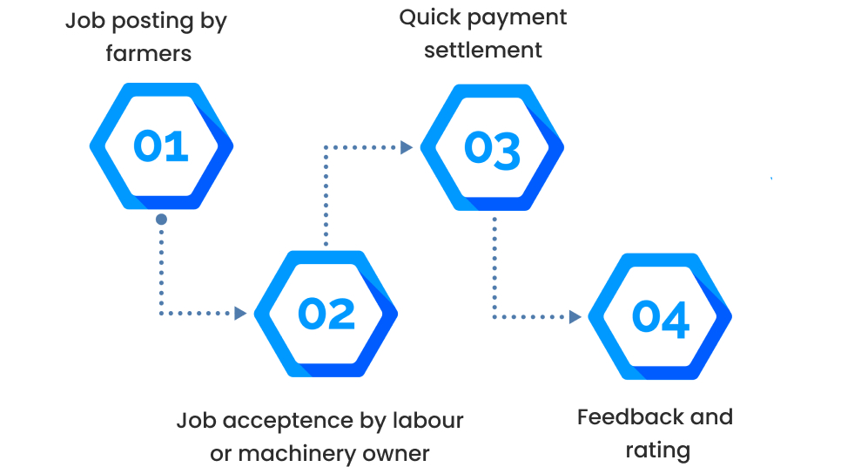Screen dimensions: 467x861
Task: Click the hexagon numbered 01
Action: [162, 146]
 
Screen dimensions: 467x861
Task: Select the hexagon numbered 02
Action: [326, 314]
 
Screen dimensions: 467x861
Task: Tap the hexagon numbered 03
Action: [493, 147]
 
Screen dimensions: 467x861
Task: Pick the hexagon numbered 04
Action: [660, 317]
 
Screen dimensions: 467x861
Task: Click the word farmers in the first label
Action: [149, 53]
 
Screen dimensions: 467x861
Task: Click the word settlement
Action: [483, 51]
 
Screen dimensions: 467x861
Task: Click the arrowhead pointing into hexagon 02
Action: [241, 313]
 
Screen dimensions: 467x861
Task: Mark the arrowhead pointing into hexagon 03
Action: [407, 147]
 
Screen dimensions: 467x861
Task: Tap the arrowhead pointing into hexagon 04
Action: [575, 317]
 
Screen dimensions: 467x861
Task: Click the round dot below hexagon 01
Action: [161, 220]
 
